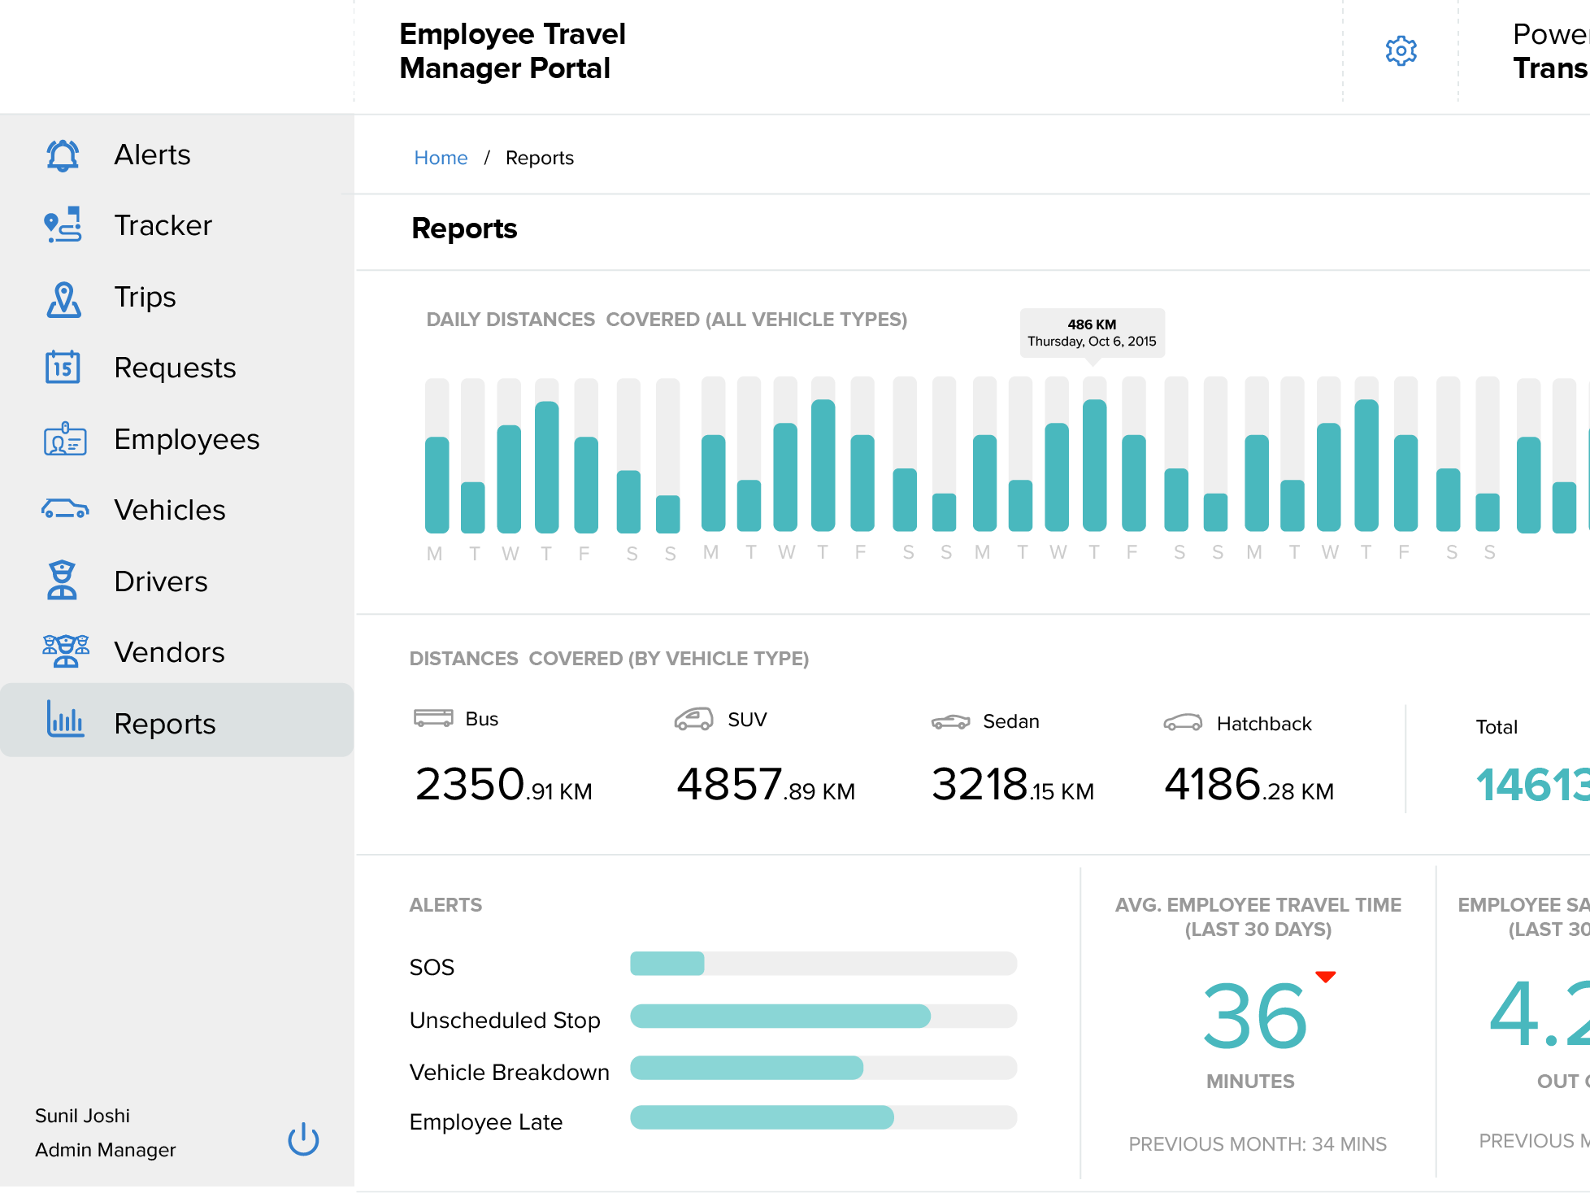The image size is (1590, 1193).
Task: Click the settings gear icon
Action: [1401, 51]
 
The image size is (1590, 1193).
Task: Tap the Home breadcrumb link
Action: [441, 158]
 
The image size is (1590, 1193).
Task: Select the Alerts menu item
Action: [152, 155]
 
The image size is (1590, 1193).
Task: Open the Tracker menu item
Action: [163, 225]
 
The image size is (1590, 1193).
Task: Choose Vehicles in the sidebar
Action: [169, 510]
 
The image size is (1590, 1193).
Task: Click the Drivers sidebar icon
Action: [62, 581]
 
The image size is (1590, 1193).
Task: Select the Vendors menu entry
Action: [169, 652]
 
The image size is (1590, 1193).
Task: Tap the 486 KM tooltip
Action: [1092, 333]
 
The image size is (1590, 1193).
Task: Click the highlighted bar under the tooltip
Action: [1094, 465]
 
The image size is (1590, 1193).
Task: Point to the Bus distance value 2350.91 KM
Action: [503, 786]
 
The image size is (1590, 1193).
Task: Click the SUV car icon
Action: [693, 719]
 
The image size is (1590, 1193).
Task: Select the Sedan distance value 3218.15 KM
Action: [1012, 786]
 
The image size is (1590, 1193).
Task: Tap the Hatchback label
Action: [1263, 724]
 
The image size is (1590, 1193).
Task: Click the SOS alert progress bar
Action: [823, 964]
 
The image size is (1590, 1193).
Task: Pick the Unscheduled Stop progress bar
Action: [823, 1017]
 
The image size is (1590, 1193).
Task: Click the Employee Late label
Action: [485, 1122]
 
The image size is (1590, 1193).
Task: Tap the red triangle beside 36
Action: [1325, 977]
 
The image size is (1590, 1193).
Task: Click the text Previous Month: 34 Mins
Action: [1257, 1144]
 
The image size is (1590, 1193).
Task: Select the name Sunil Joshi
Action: [82, 1116]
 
